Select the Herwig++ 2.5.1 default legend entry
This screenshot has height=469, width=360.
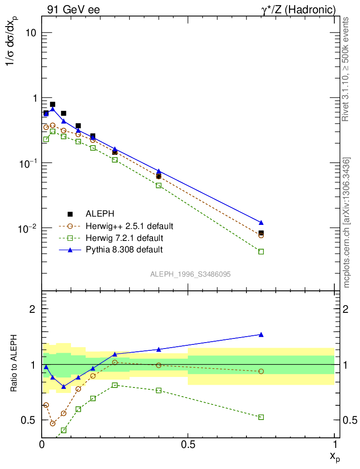tap(129, 226)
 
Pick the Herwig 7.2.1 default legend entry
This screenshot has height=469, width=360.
tap(124, 238)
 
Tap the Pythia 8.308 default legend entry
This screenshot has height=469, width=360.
tap(124, 250)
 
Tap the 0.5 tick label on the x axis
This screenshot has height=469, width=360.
tap(188, 444)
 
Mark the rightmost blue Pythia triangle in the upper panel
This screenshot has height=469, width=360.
tap(261, 223)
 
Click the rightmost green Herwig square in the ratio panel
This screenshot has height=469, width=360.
tap(261, 417)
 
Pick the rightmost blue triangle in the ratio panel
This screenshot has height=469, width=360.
tap(261, 334)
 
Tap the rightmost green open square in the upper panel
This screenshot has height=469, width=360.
tap(261, 251)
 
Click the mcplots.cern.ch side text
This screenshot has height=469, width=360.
tap(347, 223)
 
